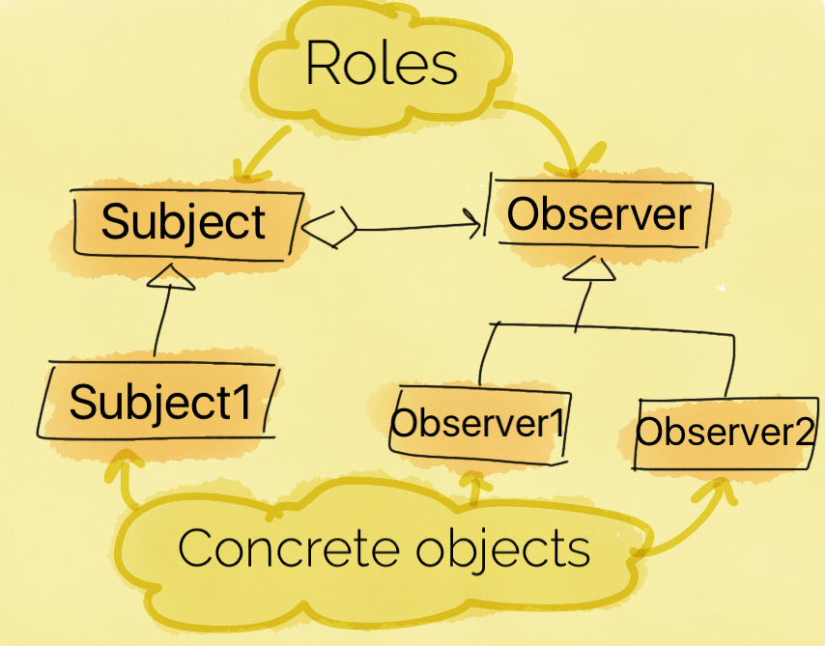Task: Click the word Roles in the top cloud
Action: click(382, 62)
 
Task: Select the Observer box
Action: click(600, 213)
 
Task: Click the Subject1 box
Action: click(157, 400)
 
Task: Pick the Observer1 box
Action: click(479, 425)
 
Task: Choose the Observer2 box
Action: click(726, 434)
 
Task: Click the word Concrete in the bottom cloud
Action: click(288, 548)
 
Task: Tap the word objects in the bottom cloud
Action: click(502, 550)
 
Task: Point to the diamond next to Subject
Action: click(329, 227)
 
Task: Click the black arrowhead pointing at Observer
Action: click(473, 224)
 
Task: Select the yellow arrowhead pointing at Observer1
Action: click(474, 480)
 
